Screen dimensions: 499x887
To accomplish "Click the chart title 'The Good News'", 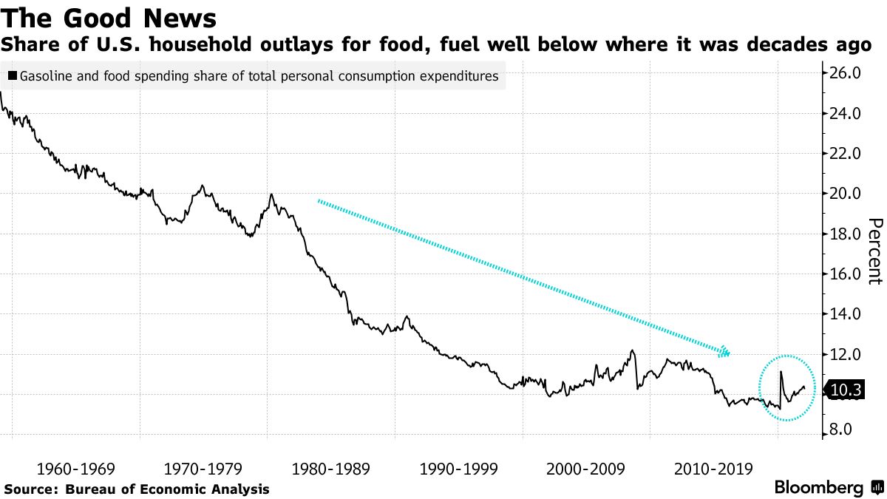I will tap(110, 17).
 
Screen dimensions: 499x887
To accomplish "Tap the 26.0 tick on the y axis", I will tap(846, 73).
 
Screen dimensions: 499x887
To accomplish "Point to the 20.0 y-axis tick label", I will tap(846, 194).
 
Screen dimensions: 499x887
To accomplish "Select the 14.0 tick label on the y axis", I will tap(846, 314).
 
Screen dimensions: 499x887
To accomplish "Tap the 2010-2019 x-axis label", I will tap(714, 469).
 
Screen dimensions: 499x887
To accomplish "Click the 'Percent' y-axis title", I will tap(874, 251).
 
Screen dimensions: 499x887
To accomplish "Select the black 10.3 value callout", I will tap(843, 389).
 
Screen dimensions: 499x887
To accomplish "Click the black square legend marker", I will tap(13, 75).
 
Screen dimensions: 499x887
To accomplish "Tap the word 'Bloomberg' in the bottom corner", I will tap(818, 488).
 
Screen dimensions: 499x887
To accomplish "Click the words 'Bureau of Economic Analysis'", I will tap(168, 489).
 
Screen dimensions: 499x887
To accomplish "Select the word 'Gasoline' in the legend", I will tap(45, 75).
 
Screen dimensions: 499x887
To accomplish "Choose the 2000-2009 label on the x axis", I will tap(587, 469).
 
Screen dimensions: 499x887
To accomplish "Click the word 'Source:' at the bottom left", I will tap(32, 489).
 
